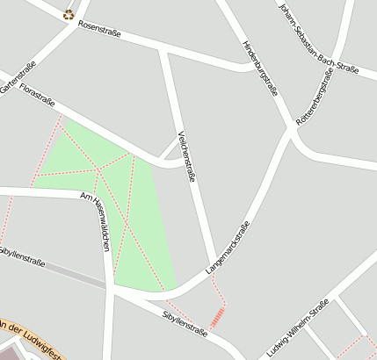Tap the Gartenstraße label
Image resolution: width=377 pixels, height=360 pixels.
click(x=18, y=76)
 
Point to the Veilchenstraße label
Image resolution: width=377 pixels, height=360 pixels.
click(x=185, y=155)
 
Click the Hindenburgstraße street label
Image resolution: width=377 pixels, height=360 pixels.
click(x=260, y=68)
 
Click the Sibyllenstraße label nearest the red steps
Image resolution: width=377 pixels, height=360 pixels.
click(x=185, y=320)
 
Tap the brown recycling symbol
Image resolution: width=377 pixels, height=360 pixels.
click(x=69, y=13)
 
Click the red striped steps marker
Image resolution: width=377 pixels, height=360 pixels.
click(x=216, y=317)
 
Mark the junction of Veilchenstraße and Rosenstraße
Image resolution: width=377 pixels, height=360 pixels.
click(x=163, y=50)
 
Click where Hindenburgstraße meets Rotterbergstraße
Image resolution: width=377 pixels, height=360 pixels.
click(x=290, y=129)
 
